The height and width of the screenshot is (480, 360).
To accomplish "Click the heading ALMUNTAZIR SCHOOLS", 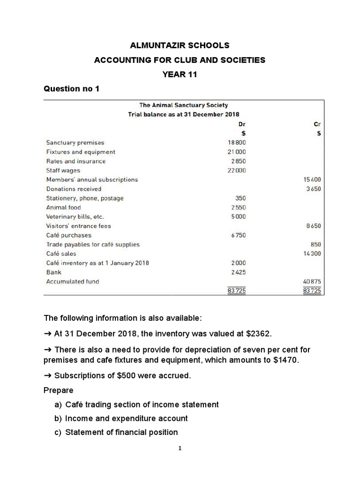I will [x=180, y=45].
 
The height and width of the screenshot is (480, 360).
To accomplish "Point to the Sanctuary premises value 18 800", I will [x=236, y=142].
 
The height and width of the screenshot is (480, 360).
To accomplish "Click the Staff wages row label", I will [x=63, y=171].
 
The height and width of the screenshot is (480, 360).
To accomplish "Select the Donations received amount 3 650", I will [x=313, y=189].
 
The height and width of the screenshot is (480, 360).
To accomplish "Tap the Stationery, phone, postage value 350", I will [x=240, y=198].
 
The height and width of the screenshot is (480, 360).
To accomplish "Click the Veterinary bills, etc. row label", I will [x=75, y=217].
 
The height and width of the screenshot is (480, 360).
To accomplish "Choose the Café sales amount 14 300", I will [x=311, y=254].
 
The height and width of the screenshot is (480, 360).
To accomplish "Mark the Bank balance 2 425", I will [x=238, y=272].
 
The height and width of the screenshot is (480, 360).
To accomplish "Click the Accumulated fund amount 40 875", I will [x=311, y=282].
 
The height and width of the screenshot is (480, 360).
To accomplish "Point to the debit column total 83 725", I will [x=236, y=291].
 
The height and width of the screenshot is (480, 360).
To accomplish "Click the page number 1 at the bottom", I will [x=180, y=448].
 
